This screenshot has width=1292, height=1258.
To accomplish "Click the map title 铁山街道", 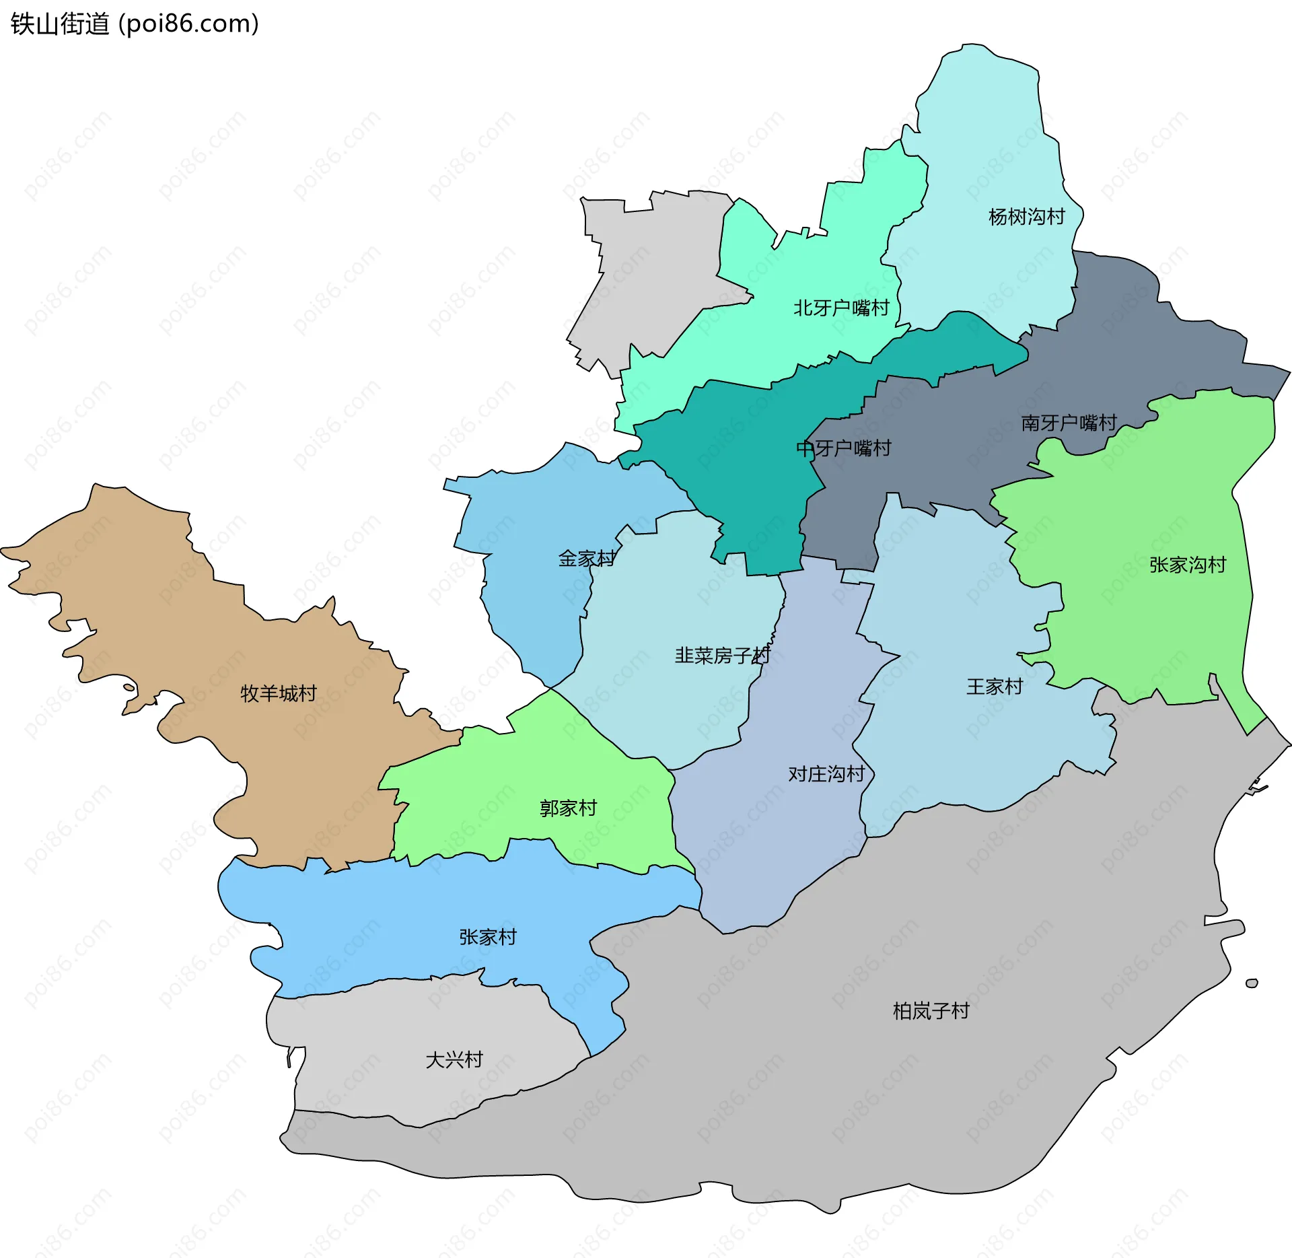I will [x=59, y=24].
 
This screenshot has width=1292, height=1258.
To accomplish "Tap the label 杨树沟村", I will [x=1026, y=217].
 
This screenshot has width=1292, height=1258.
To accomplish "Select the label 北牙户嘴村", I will [x=841, y=308].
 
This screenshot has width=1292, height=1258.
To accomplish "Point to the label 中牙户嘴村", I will [x=844, y=448].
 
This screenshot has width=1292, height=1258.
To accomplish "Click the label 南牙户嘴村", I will [x=1069, y=423].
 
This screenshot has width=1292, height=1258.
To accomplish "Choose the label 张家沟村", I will [x=1188, y=565].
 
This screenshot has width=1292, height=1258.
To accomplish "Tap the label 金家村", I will [x=586, y=559].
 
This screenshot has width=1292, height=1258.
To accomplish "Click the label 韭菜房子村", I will [x=721, y=656].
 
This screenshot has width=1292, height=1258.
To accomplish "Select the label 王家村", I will [x=995, y=687].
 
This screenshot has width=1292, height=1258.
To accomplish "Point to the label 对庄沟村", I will [x=826, y=774].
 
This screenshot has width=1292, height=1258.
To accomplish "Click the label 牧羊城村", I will [x=279, y=693].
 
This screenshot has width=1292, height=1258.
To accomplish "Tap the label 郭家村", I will [x=568, y=808].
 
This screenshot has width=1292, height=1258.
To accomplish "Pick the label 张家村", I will [x=488, y=937].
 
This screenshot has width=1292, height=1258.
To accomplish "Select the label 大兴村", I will [x=454, y=1059].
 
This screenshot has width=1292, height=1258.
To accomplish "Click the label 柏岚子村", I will [x=931, y=1011].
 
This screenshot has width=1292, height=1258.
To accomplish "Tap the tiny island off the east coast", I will [x=1252, y=983].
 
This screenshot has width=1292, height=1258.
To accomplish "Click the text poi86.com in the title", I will [x=188, y=24].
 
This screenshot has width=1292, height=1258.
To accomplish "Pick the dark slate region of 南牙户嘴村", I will [x=1144, y=337].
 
